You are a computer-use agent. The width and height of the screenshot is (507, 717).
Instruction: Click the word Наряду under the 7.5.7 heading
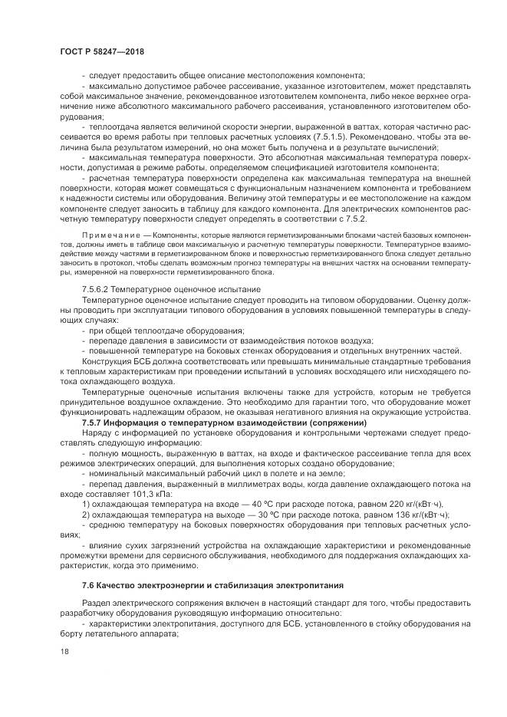[96, 434]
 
